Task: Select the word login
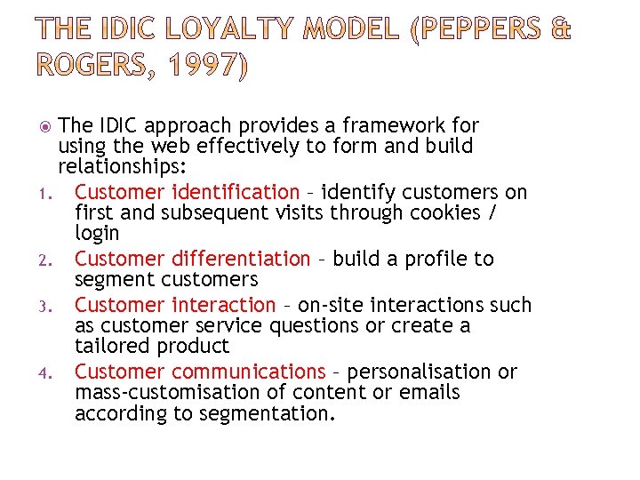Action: point(97,234)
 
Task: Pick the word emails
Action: point(429,392)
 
